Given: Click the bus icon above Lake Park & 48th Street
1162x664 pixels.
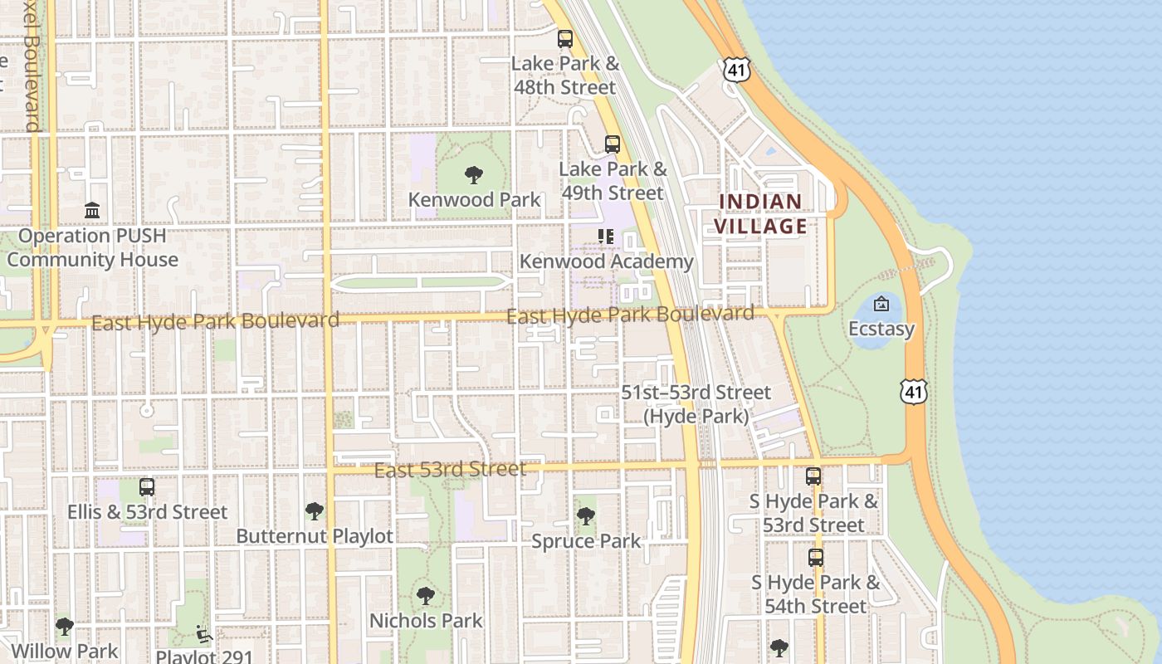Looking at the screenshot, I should click(565, 38).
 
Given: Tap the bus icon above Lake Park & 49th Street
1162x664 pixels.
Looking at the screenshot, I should click(613, 144).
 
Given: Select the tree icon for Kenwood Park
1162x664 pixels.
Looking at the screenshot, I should click(474, 174).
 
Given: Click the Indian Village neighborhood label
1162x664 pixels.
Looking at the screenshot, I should click(760, 214).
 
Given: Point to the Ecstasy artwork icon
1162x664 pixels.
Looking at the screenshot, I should click(881, 304).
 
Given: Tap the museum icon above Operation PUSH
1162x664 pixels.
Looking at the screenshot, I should click(92, 210).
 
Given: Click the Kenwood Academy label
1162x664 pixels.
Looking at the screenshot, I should click(606, 261).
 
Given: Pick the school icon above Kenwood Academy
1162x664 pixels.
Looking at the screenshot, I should click(606, 237).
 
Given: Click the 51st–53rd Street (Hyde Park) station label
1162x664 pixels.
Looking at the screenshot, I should click(696, 404).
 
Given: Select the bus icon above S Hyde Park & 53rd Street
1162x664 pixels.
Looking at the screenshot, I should click(813, 476).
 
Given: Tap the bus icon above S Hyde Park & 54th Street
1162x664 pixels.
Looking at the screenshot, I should click(816, 557).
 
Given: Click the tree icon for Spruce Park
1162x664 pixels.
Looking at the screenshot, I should click(586, 516).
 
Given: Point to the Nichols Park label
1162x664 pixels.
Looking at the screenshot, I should click(426, 620).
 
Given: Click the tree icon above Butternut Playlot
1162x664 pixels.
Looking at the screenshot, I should click(314, 510).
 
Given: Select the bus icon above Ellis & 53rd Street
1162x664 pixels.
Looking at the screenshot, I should click(147, 487).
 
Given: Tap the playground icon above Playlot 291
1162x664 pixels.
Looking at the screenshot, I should click(203, 634).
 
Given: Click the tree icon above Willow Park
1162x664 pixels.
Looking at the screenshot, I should click(64, 627).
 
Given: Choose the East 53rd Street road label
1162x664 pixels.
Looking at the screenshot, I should click(450, 470).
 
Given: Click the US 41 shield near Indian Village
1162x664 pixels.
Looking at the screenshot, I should click(736, 69).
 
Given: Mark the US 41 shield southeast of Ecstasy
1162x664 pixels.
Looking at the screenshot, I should click(914, 392).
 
